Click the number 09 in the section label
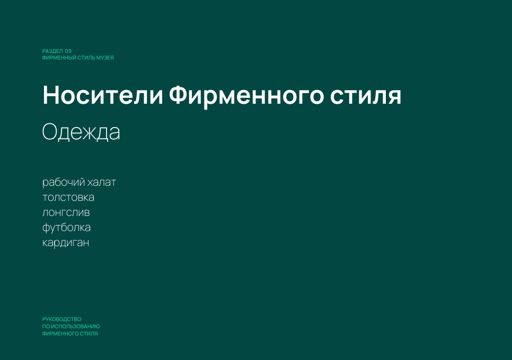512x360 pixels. click(68, 51)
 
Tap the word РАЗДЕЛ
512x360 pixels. click(52, 51)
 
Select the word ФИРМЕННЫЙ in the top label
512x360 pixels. click(59, 58)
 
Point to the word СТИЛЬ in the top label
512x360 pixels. click(86, 58)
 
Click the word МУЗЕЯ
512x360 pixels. click(105, 58)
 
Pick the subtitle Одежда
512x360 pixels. click(81, 132)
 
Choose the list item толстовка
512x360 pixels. click(68, 197)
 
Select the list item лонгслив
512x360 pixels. click(66, 213)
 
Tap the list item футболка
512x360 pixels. click(67, 228)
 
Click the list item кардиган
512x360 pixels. click(66, 243)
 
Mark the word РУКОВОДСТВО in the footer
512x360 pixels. click(61, 319)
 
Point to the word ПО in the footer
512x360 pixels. click(46, 327)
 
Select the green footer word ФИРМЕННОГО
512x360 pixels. click(59, 334)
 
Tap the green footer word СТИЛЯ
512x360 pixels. click(88, 334)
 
